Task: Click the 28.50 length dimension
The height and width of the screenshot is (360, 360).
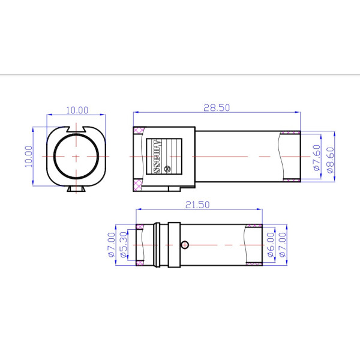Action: (217, 108)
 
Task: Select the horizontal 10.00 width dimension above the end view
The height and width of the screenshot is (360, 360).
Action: (77, 110)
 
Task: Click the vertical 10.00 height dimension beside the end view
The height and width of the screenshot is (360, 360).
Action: (28, 157)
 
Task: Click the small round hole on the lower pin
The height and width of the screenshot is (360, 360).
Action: (185, 244)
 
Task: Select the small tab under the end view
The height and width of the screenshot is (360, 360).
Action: (77, 189)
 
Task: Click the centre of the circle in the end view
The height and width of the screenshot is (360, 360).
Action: (77, 156)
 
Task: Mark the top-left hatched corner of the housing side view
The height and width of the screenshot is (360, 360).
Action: (138, 131)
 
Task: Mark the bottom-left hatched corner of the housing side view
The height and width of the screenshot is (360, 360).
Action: (138, 184)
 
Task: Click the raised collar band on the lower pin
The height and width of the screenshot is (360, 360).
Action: (173, 245)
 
